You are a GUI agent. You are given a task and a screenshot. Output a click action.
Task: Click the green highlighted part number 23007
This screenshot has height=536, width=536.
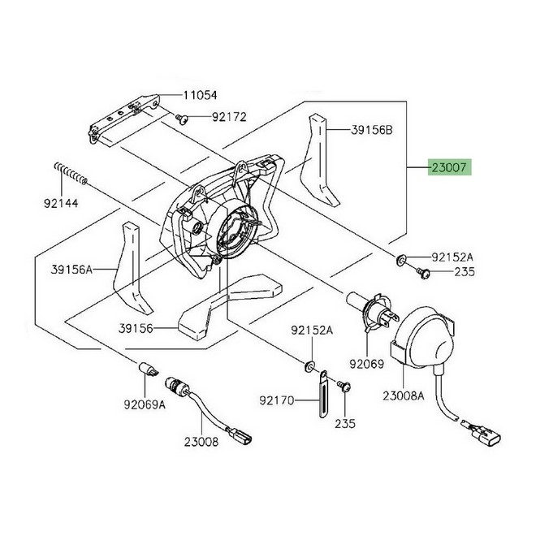(449, 167)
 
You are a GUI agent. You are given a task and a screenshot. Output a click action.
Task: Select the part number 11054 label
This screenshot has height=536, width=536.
(201, 95)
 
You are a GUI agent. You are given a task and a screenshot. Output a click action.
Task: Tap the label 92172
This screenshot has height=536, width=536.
(229, 117)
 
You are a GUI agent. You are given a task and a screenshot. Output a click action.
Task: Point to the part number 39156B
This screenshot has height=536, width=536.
(372, 130)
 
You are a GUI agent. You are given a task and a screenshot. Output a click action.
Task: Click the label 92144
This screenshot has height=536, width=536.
(61, 203)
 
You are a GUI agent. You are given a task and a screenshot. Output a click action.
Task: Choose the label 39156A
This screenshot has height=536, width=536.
(71, 270)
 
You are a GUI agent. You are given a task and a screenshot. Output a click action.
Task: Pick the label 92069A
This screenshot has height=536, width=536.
(145, 405)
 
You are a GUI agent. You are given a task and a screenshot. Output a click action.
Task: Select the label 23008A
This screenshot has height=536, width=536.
(404, 396)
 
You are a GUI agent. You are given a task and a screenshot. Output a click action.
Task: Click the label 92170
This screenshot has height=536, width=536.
(277, 400)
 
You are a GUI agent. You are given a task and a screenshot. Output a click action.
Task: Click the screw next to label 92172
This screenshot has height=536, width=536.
(182, 119)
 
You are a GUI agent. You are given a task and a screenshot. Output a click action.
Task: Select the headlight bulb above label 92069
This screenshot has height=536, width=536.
(373, 311)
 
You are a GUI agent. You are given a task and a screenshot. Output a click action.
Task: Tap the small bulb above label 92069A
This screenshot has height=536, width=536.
(148, 369)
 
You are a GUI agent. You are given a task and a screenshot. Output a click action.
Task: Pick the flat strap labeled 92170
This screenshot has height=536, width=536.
(323, 394)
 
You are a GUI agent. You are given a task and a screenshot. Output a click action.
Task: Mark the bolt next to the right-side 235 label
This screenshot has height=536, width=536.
(423, 273)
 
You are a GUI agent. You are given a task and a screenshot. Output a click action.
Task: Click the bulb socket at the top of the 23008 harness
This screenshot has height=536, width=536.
(176, 387)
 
